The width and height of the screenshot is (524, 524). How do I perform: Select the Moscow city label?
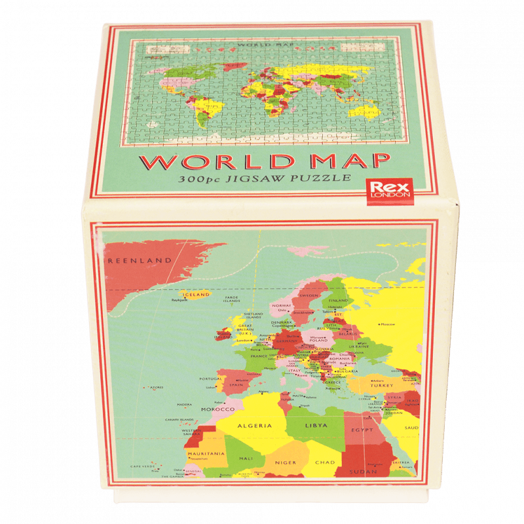pyautogui.click(x=388, y=324)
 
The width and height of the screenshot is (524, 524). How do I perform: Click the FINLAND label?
pyautogui.click(x=339, y=301)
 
